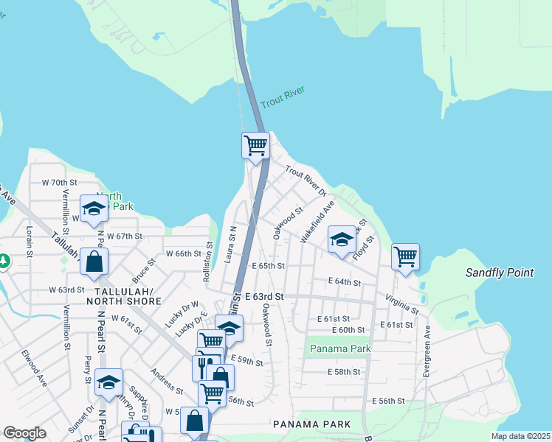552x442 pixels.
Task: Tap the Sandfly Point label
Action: point(499,273)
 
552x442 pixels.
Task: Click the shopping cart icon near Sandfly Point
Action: point(405,256)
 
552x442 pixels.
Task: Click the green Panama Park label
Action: point(339,348)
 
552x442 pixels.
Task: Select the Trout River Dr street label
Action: point(306,182)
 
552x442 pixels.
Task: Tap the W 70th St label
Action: point(59,182)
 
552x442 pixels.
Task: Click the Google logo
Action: point(24,432)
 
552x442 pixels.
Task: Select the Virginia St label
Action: point(401,305)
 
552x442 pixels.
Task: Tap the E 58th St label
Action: point(343,372)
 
